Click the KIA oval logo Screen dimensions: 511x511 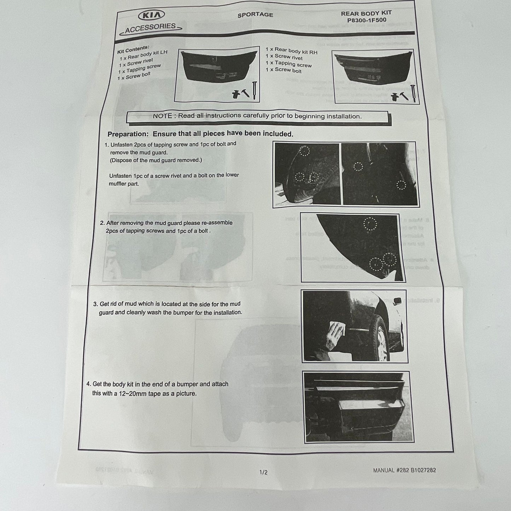[151, 16]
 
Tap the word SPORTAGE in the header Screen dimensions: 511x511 [255, 14]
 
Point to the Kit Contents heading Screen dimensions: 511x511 [133, 50]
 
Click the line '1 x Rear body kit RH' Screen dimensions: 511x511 [291, 51]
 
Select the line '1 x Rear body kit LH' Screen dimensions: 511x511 [143, 55]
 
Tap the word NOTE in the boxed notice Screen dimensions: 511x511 [162, 116]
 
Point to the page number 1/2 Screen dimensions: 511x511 [263, 472]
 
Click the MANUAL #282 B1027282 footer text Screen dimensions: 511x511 [404, 470]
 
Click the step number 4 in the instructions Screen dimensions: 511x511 [88, 384]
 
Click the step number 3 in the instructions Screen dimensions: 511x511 [95, 304]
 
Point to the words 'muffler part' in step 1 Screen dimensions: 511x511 [124, 184]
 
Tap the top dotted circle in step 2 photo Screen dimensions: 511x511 [370, 223]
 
